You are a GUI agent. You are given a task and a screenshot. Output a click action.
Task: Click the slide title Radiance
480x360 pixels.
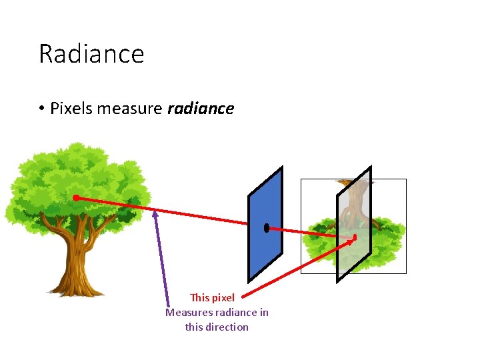tap(91, 53)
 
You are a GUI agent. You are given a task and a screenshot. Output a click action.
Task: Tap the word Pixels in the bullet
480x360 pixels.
tap(71, 108)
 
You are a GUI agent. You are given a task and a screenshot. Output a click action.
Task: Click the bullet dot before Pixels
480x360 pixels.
tap(41, 109)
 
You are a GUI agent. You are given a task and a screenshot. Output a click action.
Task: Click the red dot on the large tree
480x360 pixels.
tap(76, 198)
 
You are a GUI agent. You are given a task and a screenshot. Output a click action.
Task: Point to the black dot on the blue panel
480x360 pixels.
tap(266, 228)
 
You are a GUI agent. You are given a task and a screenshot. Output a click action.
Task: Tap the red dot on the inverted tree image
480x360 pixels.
tap(355, 237)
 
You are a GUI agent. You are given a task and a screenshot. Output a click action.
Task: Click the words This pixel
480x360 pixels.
tap(212, 297)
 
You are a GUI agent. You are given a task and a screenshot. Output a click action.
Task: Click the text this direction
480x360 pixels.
tap(217, 327)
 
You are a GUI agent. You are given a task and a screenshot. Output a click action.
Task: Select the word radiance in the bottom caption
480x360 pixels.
tap(237, 312)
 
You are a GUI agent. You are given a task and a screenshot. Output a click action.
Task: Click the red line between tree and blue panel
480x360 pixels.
tap(167, 213)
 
